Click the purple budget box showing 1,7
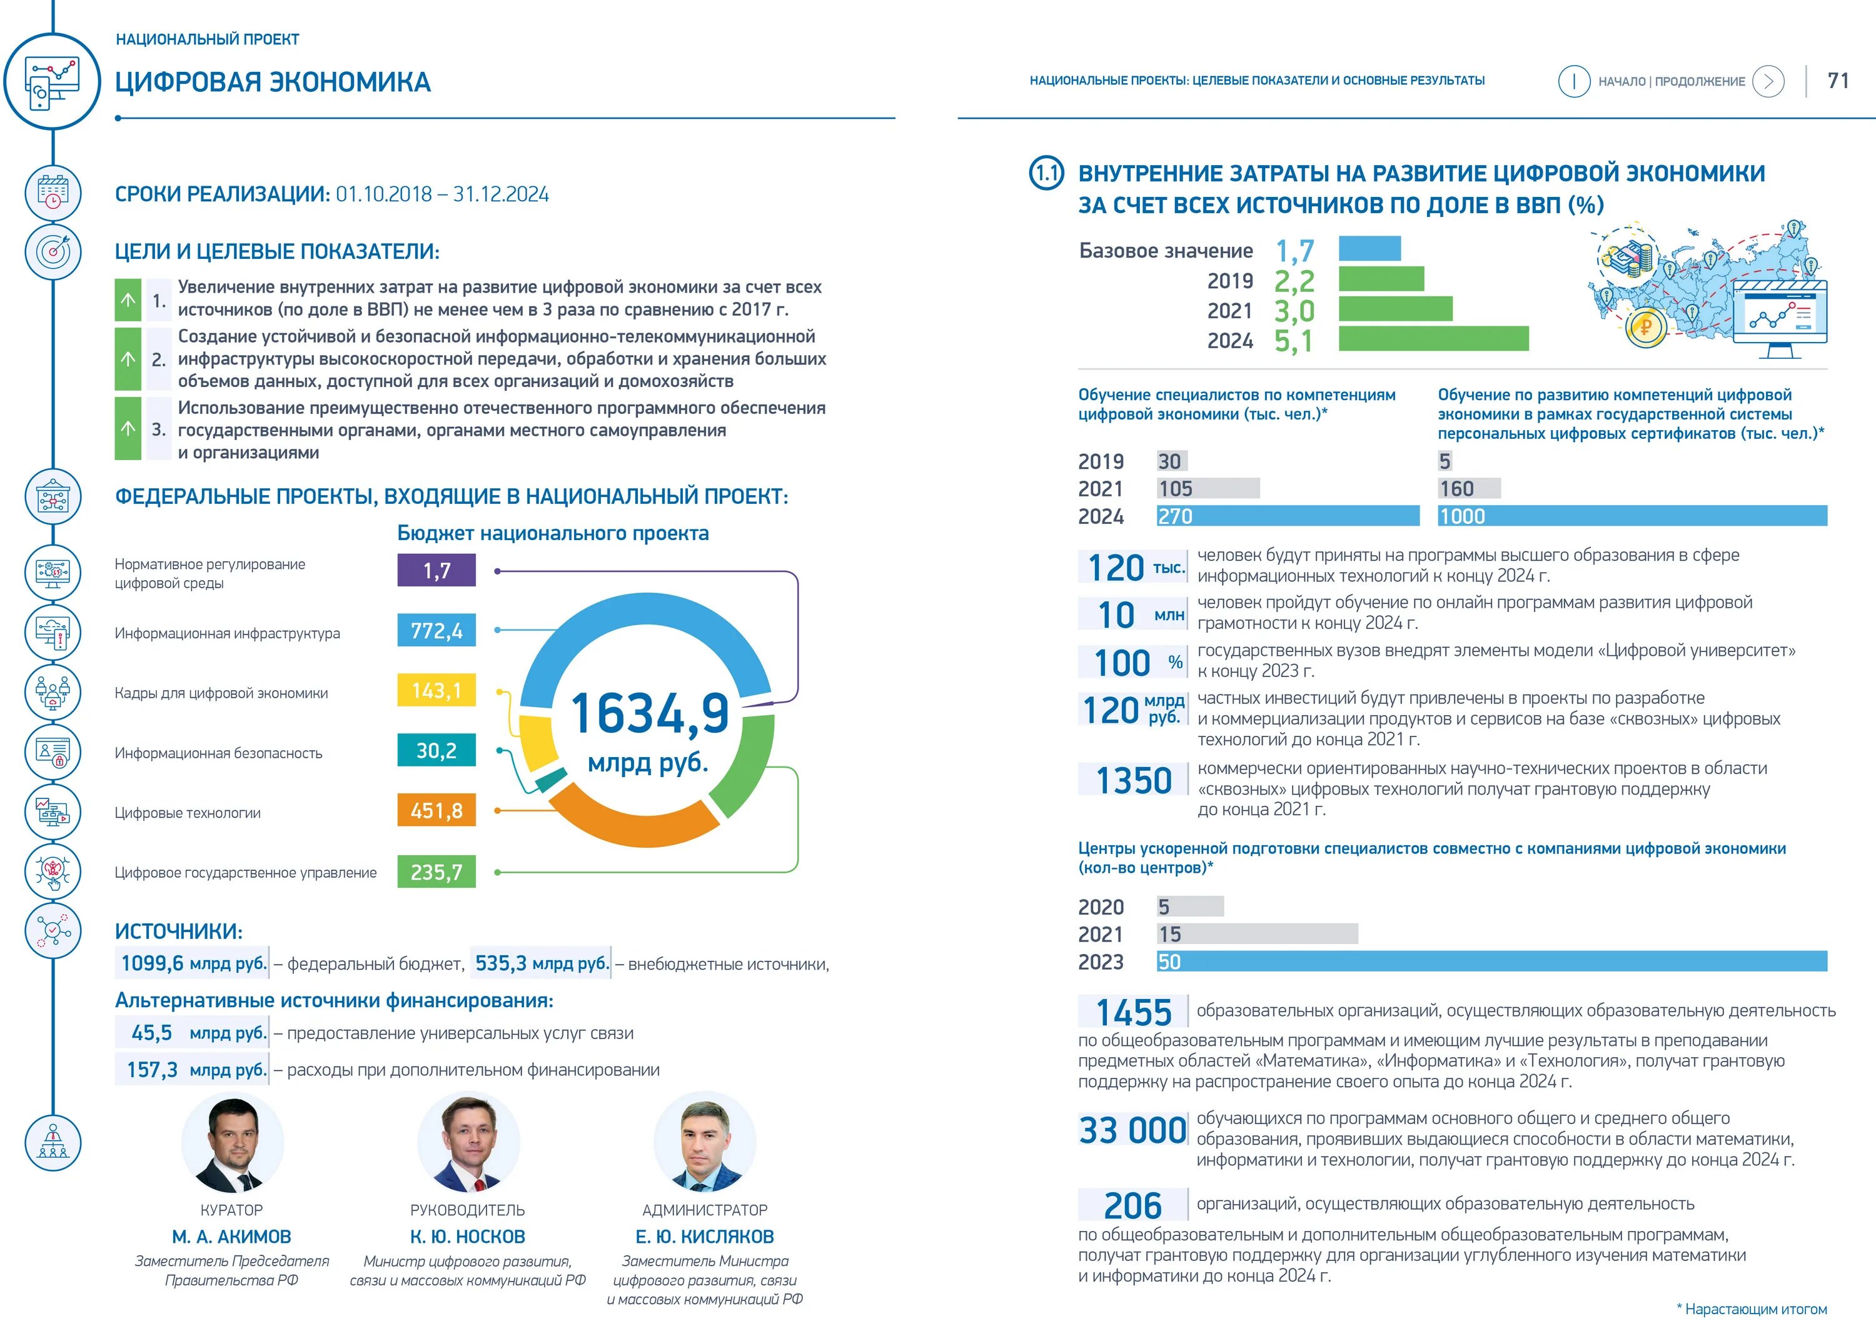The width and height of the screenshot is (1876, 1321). point(436,570)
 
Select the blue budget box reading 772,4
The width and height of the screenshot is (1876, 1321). point(436,631)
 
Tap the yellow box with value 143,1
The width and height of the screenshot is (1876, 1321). point(436,690)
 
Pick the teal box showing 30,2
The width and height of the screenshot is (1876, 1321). point(436,750)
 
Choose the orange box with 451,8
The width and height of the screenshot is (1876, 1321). point(436,810)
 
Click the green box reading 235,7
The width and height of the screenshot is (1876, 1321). point(436,871)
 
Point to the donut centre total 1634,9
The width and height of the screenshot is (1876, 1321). point(650,713)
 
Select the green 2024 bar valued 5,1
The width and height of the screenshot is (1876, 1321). point(1433,339)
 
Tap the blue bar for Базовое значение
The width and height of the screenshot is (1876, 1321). point(1369,248)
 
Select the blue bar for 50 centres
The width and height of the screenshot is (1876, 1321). point(1491,962)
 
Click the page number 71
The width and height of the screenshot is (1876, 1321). point(1838,81)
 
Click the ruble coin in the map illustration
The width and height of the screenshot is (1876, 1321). point(1645,328)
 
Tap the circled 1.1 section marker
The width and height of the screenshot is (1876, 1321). point(1047,173)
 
